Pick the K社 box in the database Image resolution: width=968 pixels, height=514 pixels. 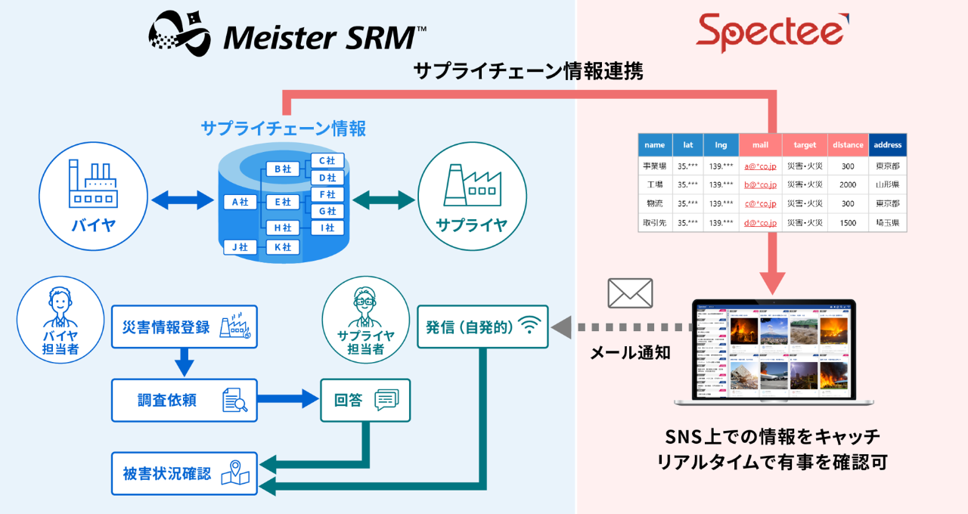pos(283,247)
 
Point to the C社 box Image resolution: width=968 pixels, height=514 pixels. pos(327,160)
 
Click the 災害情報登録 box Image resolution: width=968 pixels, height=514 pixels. pos(185,327)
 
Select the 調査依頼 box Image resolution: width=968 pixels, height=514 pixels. pos(185,400)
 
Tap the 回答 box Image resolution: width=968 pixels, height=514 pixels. pos(366,400)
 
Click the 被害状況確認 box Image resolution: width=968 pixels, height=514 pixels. pos(185,474)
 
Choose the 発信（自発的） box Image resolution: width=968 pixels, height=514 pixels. pos(482,327)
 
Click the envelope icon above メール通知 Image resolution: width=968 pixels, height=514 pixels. pos(630,293)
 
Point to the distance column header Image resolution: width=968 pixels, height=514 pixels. pos(847,145)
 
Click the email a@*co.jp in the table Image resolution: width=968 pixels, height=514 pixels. pos(760,166)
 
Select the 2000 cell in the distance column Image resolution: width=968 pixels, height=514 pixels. pos(847,185)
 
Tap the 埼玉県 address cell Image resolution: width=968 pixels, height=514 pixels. pos(886,223)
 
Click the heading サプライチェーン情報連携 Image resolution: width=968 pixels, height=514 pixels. pos(529,72)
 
